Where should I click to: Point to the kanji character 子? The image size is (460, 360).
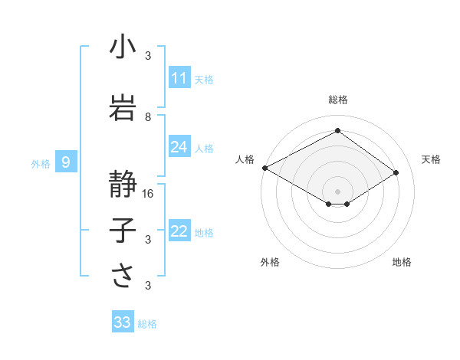(123, 231)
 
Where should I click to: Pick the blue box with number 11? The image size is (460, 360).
(179, 78)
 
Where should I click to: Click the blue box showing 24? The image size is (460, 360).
(179, 147)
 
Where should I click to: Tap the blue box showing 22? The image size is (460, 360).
(179, 231)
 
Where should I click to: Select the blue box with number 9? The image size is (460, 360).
(66, 162)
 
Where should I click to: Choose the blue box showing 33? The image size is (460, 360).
(123, 322)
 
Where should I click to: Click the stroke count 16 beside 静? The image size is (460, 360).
(149, 194)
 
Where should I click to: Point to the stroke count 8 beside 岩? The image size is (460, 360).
(149, 117)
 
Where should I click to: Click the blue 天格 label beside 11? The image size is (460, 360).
(204, 79)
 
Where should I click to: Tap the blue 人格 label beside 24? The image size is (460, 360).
(204, 148)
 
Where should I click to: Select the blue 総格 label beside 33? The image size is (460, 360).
(147, 323)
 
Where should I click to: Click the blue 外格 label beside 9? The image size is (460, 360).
(40, 163)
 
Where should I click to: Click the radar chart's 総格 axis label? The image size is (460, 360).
(337, 100)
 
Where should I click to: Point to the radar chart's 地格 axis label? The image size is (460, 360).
(402, 262)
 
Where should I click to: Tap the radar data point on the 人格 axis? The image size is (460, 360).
(264, 168)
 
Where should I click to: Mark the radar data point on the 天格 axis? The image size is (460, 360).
(396, 172)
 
